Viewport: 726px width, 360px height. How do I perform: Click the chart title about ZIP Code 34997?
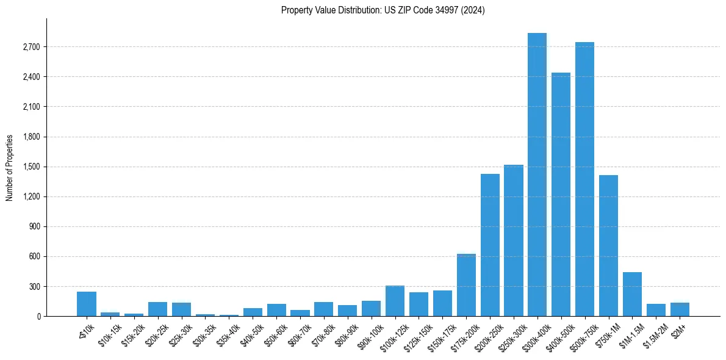383,10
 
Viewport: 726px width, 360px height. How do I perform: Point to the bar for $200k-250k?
490,245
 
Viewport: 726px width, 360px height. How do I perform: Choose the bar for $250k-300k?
514,240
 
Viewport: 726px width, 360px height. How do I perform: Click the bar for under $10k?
87,304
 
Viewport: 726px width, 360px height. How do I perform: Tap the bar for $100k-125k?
395,301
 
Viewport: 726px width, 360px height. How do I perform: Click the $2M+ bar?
680,309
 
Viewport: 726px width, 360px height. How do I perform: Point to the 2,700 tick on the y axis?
31,47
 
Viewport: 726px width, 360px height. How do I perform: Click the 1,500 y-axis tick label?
31,167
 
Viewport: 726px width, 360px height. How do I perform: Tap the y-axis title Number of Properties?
10,167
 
